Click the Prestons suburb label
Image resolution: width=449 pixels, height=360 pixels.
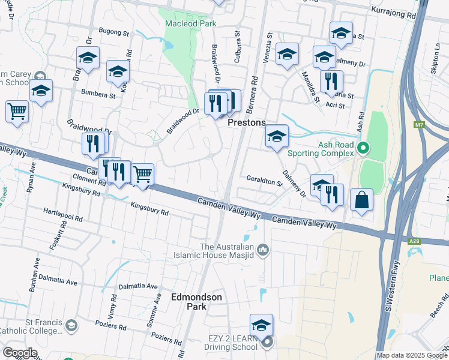[x=247, y=122]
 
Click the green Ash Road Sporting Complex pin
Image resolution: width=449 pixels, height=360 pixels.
[x=363, y=147]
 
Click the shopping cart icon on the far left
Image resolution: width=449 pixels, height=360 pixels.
[x=17, y=110]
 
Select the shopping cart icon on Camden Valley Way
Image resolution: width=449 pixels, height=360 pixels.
[x=142, y=175]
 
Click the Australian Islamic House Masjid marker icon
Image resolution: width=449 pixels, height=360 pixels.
[x=262, y=249]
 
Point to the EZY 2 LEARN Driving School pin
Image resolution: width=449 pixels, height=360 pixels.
[x=267, y=343]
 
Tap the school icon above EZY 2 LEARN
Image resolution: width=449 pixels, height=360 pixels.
[x=261, y=325]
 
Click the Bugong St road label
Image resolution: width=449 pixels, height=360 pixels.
[x=113, y=32]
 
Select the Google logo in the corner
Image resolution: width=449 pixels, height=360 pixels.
[x=20, y=353]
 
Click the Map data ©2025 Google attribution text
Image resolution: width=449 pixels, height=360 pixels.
[x=412, y=355]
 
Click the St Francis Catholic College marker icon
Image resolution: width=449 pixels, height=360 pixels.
[x=71, y=325]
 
